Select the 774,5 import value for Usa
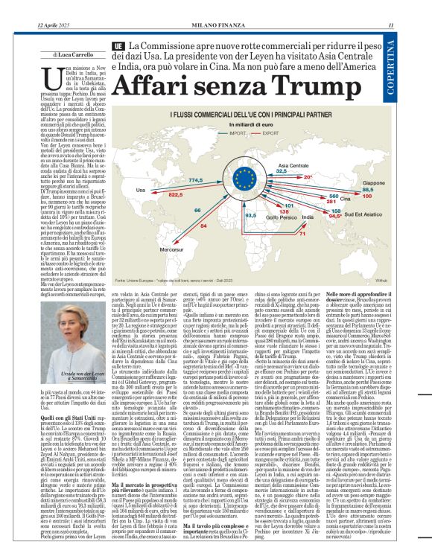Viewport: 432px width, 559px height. pos(196,180)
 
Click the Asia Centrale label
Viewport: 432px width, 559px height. pos(292,164)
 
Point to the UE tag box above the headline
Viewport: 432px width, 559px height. pos(118,46)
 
